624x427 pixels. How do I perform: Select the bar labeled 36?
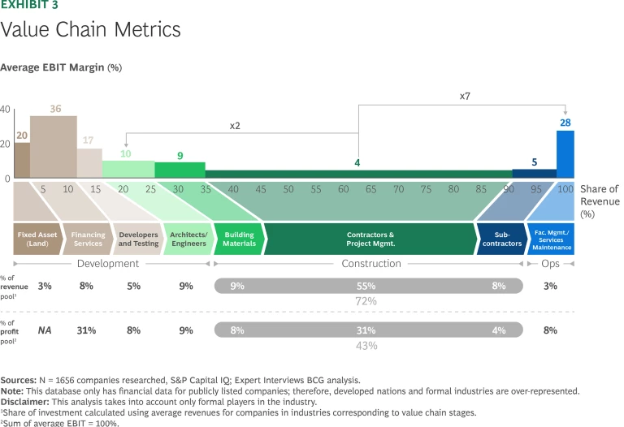pyautogui.click(x=54, y=146)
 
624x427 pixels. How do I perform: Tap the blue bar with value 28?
pyautogui.click(x=565, y=154)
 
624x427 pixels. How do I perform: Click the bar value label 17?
pyautogui.click(x=89, y=140)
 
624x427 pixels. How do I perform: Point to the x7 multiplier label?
pyautogui.click(x=465, y=96)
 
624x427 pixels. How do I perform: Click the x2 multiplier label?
pyautogui.click(x=235, y=126)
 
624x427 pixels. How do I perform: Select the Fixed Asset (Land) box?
pyautogui.click(x=37, y=239)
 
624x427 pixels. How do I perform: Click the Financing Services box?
pyautogui.click(x=88, y=239)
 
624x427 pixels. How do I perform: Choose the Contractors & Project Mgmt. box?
pyautogui.click(x=370, y=239)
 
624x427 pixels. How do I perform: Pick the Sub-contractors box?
pyautogui.click(x=500, y=239)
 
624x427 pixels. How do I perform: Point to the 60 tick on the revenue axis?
pyautogui.click(x=344, y=189)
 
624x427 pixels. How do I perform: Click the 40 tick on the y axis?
pyautogui.click(x=6, y=110)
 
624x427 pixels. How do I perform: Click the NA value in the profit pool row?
pyautogui.click(x=45, y=330)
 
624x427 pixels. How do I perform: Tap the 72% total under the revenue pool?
pyautogui.click(x=366, y=301)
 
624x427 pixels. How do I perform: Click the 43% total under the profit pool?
pyautogui.click(x=366, y=346)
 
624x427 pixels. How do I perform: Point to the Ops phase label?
pyautogui.click(x=551, y=264)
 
